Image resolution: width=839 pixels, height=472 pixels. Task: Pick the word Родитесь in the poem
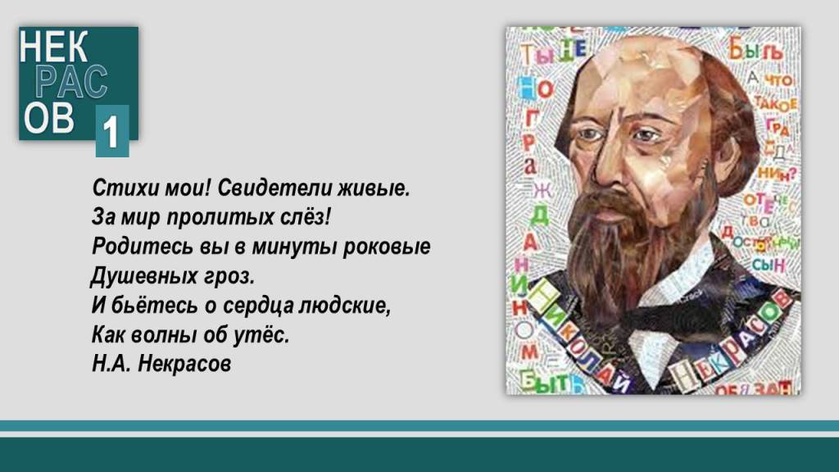pyautogui.click(x=134, y=247)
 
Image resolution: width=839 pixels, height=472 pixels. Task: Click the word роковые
pyautogui.click(x=392, y=247)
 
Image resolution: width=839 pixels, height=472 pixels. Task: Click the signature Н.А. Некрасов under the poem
pyautogui.click(x=162, y=363)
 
